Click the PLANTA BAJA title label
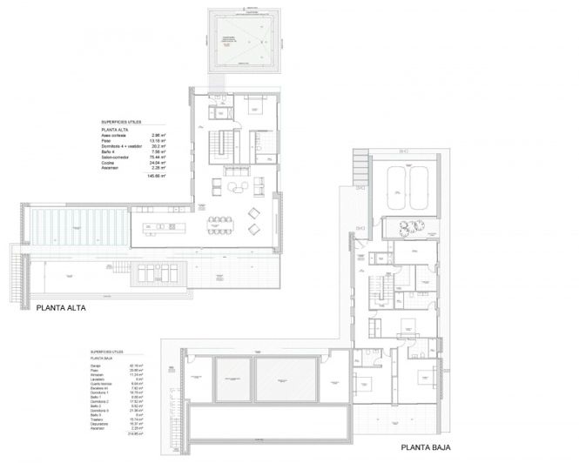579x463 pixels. point(430,448)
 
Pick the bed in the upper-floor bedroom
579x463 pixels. point(256,109)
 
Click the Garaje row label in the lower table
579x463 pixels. point(94,366)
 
